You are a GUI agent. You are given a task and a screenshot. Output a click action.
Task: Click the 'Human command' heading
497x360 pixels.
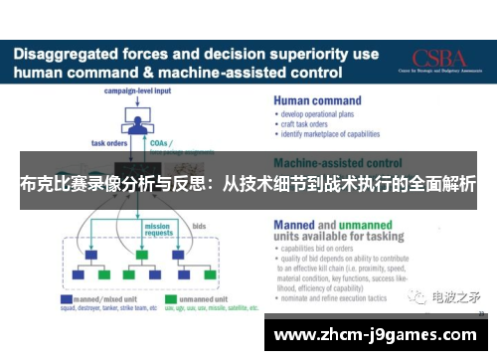(318, 99)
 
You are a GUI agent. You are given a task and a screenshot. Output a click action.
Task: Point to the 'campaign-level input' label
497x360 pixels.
(138, 91)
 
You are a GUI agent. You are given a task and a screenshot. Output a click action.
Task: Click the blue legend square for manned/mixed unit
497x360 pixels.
(66, 297)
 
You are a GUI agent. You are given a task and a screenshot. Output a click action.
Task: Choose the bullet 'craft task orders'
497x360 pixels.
(309, 124)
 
